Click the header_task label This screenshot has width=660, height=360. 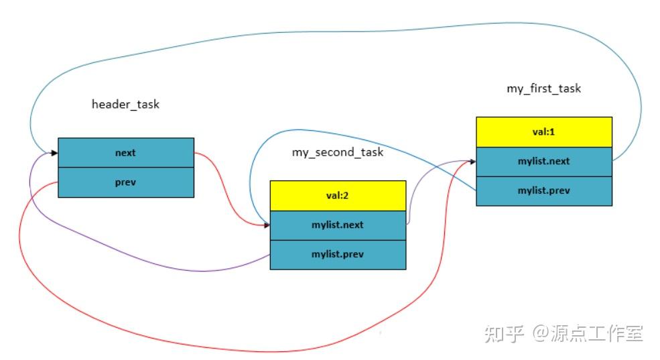tap(125, 105)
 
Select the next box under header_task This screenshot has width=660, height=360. tap(125, 153)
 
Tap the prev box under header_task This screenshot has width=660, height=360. tap(125, 182)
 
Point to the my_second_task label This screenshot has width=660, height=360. tap(337, 152)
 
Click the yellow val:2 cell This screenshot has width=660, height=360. tap(338, 196)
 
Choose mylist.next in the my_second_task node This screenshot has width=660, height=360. tap(338, 225)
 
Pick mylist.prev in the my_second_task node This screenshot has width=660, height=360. tap(338, 255)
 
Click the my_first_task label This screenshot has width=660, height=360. tap(543, 88)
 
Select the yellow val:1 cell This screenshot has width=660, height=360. tap(544, 132)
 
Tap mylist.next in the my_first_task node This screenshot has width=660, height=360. tap(544, 162)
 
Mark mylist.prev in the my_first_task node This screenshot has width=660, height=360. tap(544, 191)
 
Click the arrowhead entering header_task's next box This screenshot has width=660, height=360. tap(54, 154)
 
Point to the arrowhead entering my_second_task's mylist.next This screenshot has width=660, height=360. tap(265, 225)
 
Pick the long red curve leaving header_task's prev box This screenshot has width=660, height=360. tap(201, 348)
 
